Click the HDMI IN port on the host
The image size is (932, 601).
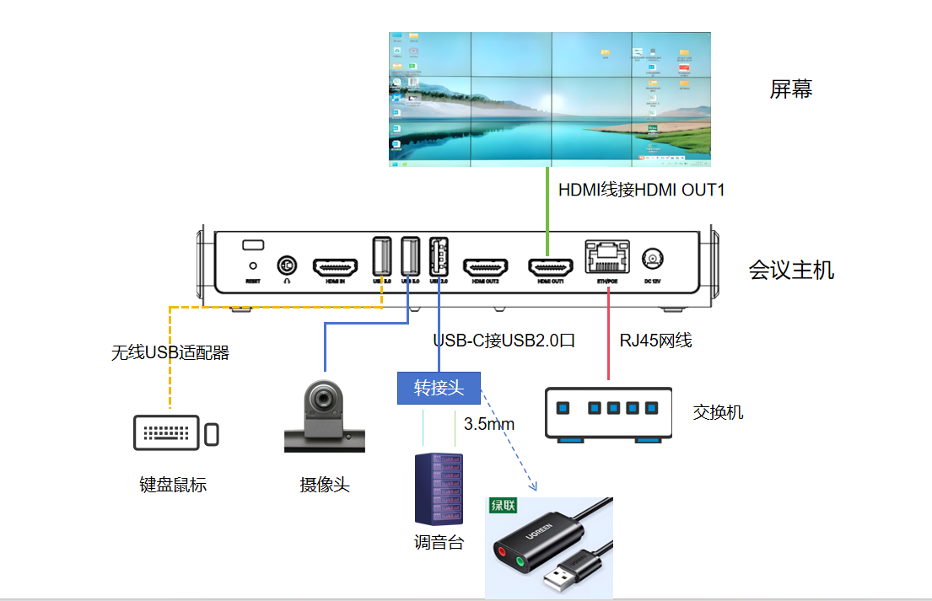click(335, 267)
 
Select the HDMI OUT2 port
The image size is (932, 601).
click(485, 267)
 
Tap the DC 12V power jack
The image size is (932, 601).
click(652, 259)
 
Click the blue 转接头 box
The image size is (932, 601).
click(439, 388)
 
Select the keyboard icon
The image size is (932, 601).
click(166, 432)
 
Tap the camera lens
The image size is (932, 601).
click(324, 398)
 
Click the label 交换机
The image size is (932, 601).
click(718, 412)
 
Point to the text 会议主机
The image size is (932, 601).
click(791, 271)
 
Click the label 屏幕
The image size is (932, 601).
click(790, 89)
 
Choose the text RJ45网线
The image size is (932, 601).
click(655, 341)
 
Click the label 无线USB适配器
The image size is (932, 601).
click(170, 353)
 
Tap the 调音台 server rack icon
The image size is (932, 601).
click(439, 489)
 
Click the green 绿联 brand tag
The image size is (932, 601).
click(504, 506)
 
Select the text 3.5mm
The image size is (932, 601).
click(489, 424)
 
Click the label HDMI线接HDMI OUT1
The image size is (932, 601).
click(641, 190)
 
